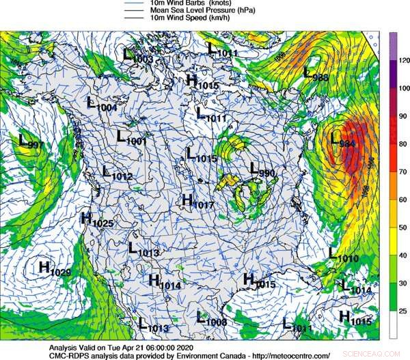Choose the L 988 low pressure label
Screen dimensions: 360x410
tap(316, 74)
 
